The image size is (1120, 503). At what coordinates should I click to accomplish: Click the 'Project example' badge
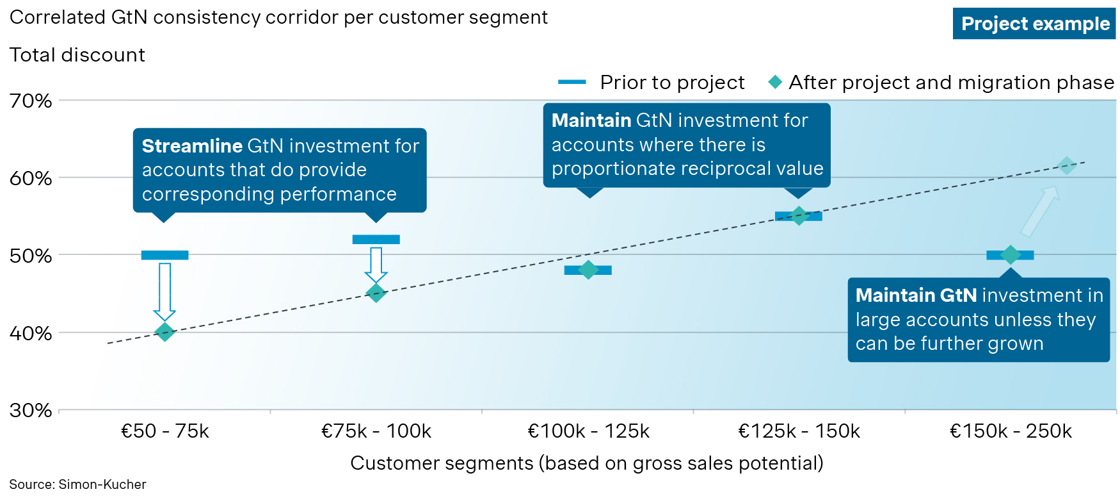(1034, 24)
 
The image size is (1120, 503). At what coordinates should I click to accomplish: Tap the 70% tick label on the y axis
(31, 101)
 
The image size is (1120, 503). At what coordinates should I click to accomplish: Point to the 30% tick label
(31, 410)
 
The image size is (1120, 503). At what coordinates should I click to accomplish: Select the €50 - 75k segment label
(165, 431)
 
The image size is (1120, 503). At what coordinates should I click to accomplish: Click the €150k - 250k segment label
(1011, 431)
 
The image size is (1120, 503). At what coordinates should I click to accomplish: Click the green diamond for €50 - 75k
(164, 332)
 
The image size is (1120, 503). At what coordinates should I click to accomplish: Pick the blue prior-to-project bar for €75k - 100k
(376, 240)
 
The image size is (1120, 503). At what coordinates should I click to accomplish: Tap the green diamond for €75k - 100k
(376, 293)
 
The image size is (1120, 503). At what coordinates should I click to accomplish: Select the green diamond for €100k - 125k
(588, 270)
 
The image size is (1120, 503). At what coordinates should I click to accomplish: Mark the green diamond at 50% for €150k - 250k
(1010, 255)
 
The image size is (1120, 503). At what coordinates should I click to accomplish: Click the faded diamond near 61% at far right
(1066, 166)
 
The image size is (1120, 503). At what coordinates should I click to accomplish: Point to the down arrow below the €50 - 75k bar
(164, 292)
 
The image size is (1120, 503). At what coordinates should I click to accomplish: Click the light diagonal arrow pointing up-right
(1039, 211)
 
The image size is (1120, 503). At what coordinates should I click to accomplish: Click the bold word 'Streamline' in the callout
(191, 146)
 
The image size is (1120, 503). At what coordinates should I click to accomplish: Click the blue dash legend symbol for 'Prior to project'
(572, 82)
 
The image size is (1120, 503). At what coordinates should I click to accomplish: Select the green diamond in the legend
(775, 82)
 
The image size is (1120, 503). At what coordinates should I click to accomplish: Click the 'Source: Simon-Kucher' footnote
(77, 484)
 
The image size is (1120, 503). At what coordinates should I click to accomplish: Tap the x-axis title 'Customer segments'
(442, 463)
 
